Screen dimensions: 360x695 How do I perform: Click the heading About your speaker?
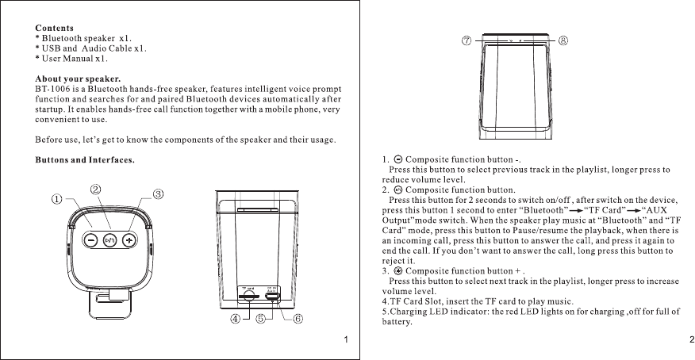point(78,79)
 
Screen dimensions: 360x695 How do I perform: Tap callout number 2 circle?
point(95,190)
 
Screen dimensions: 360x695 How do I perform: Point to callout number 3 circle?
point(158,194)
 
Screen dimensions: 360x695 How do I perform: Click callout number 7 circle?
point(467,40)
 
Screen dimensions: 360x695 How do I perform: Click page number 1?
point(347,340)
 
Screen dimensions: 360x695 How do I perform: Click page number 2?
point(691,340)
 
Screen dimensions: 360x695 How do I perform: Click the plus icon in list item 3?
point(398,270)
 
